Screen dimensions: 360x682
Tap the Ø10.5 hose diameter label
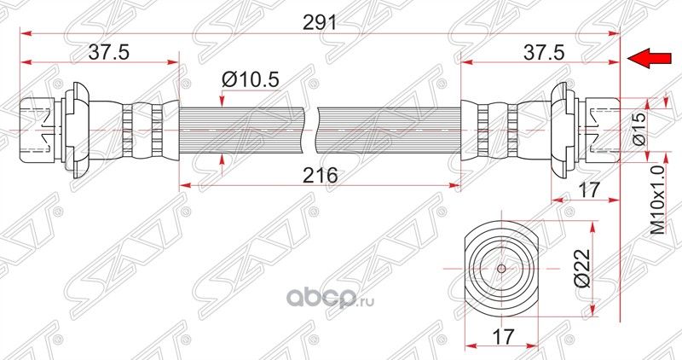(x=251, y=79)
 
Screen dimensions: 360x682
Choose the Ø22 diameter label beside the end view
(x=581, y=267)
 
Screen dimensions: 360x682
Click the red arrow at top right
(x=647, y=58)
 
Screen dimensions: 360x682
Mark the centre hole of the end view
(x=500, y=266)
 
